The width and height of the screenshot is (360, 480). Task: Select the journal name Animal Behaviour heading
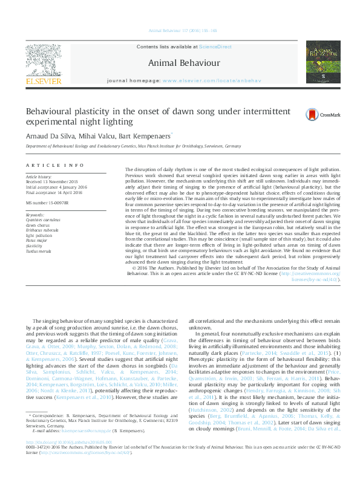176,62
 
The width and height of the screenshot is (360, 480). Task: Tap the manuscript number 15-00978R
51,202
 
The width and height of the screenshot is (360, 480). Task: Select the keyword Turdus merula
38,250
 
